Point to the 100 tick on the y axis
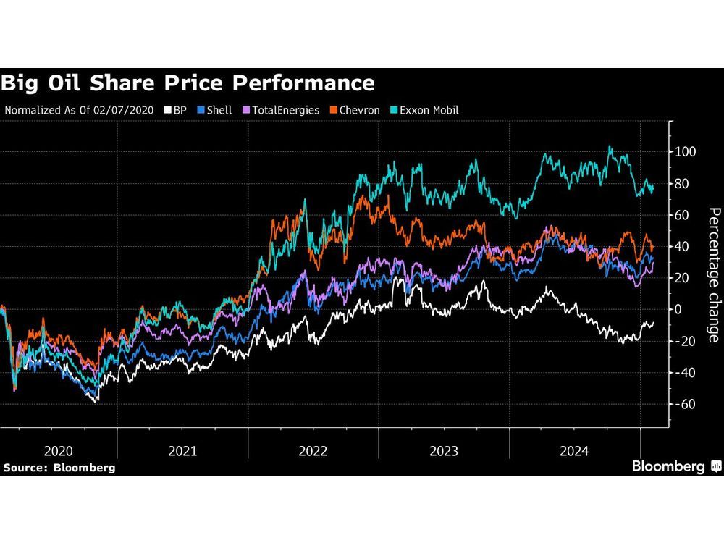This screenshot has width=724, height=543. [x=685, y=152]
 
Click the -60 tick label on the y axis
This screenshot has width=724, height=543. [x=685, y=404]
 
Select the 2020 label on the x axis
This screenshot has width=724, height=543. [x=58, y=450]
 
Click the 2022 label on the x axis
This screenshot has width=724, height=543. [x=313, y=450]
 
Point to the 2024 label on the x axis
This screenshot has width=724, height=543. [x=574, y=450]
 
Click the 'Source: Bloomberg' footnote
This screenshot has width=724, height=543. [x=59, y=468]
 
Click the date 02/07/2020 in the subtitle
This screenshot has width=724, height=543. [x=127, y=111]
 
